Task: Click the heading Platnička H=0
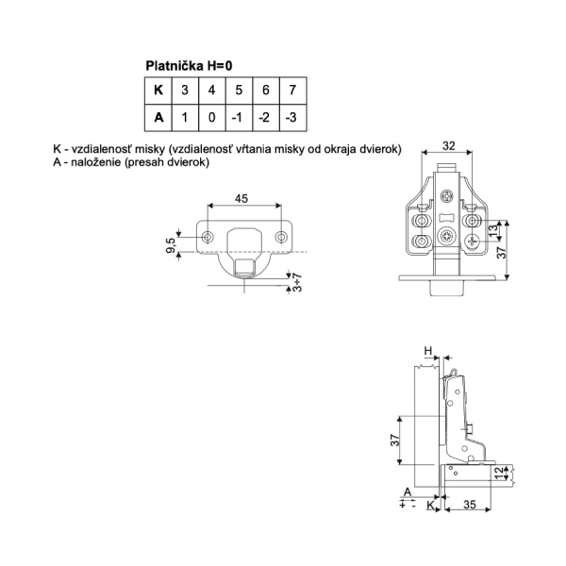(189, 66)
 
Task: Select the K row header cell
(158, 91)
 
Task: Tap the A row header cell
(158, 118)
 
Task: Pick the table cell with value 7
(293, 91)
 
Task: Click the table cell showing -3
(293, 118)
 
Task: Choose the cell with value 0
(212, 118)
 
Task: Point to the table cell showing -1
(239, 118)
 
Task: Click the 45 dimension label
(241, 198)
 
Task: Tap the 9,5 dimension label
(171, 245)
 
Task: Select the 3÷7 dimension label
(297, 283)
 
